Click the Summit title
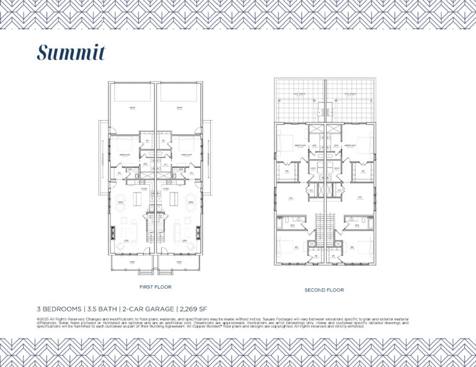pyautogui.click(x=71, y=53)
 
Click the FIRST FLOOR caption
pyautogui.click(x=155, y=287)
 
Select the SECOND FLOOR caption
pyautogui.click(x=324, y=290)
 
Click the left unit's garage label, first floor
pyautogui.click(x=131, y=108)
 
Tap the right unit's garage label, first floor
pyautogui.click(x=178, y=108)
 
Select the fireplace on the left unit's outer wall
pyautogui.click(x=112, y=233)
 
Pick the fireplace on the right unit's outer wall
pyautogui.click(x=198, y=233)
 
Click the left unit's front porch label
pyautogui.click(x=131, y=262)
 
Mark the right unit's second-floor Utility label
pyautogui.click(x=337, y=168)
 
